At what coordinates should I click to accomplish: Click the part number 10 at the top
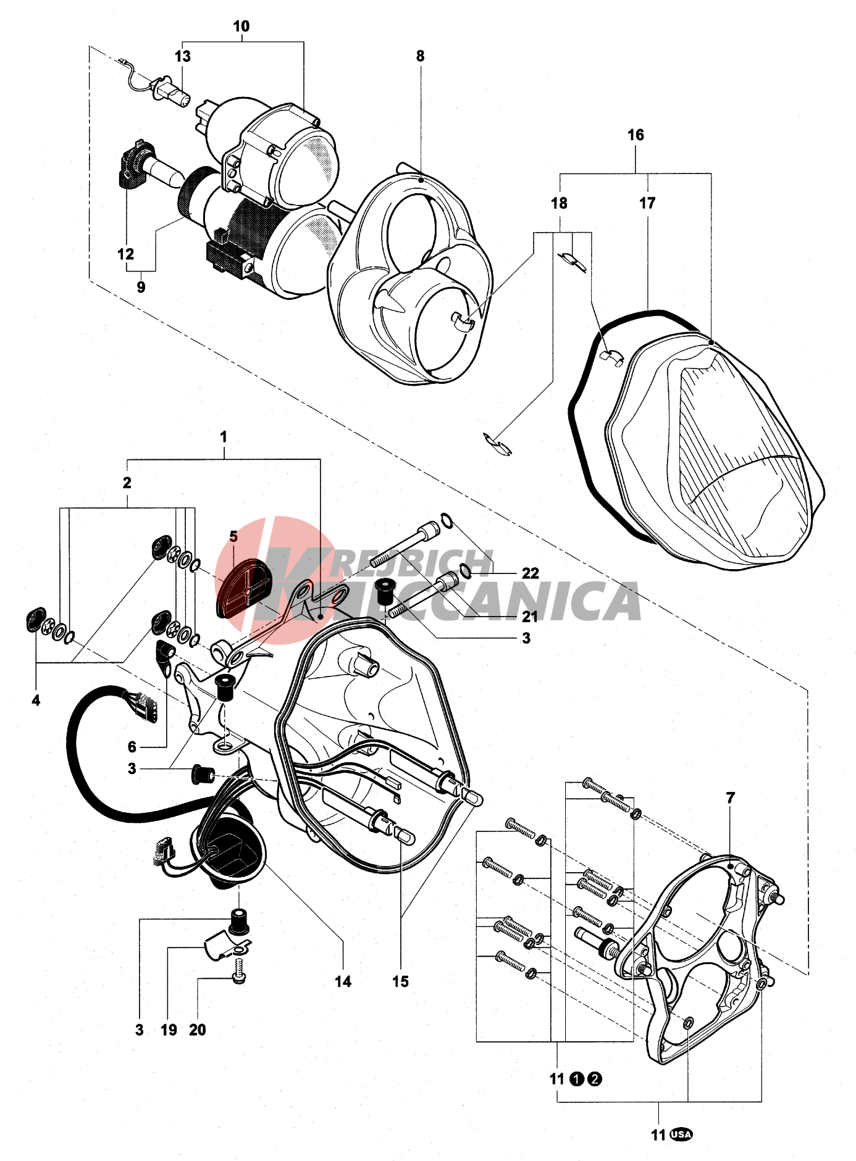[241, 27]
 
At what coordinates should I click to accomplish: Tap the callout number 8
[420, 56]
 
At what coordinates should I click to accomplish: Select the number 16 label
[636, 135]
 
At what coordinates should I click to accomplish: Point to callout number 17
[647, 203]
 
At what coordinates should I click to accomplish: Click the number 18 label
[559, 203]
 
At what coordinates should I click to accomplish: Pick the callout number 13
[182, 57]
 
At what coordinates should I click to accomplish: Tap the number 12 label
[125, 254]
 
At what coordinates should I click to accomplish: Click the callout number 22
[530, 573]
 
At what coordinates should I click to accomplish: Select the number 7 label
[731, 798]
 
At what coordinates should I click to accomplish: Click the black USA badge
[681, 1134]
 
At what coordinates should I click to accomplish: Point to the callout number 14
[343, 981]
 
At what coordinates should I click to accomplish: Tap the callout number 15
[400, 981]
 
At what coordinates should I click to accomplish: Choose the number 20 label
[197, 1030]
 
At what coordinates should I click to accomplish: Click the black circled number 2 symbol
[594, 1079]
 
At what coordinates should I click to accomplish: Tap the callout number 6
[132, 747]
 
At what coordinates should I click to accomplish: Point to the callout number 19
[169, 1030]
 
